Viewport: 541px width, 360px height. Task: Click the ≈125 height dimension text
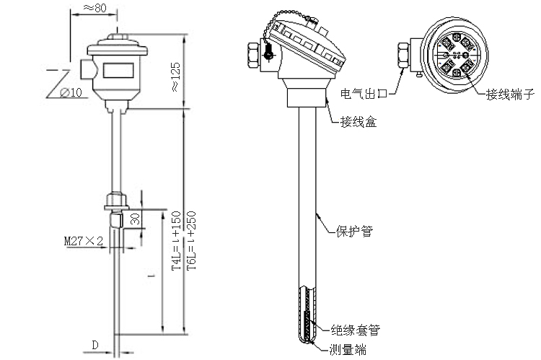174,74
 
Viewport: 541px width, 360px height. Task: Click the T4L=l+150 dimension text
177,242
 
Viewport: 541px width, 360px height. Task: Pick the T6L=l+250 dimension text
190,242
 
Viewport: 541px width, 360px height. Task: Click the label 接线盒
359,123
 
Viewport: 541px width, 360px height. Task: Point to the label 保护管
354,232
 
